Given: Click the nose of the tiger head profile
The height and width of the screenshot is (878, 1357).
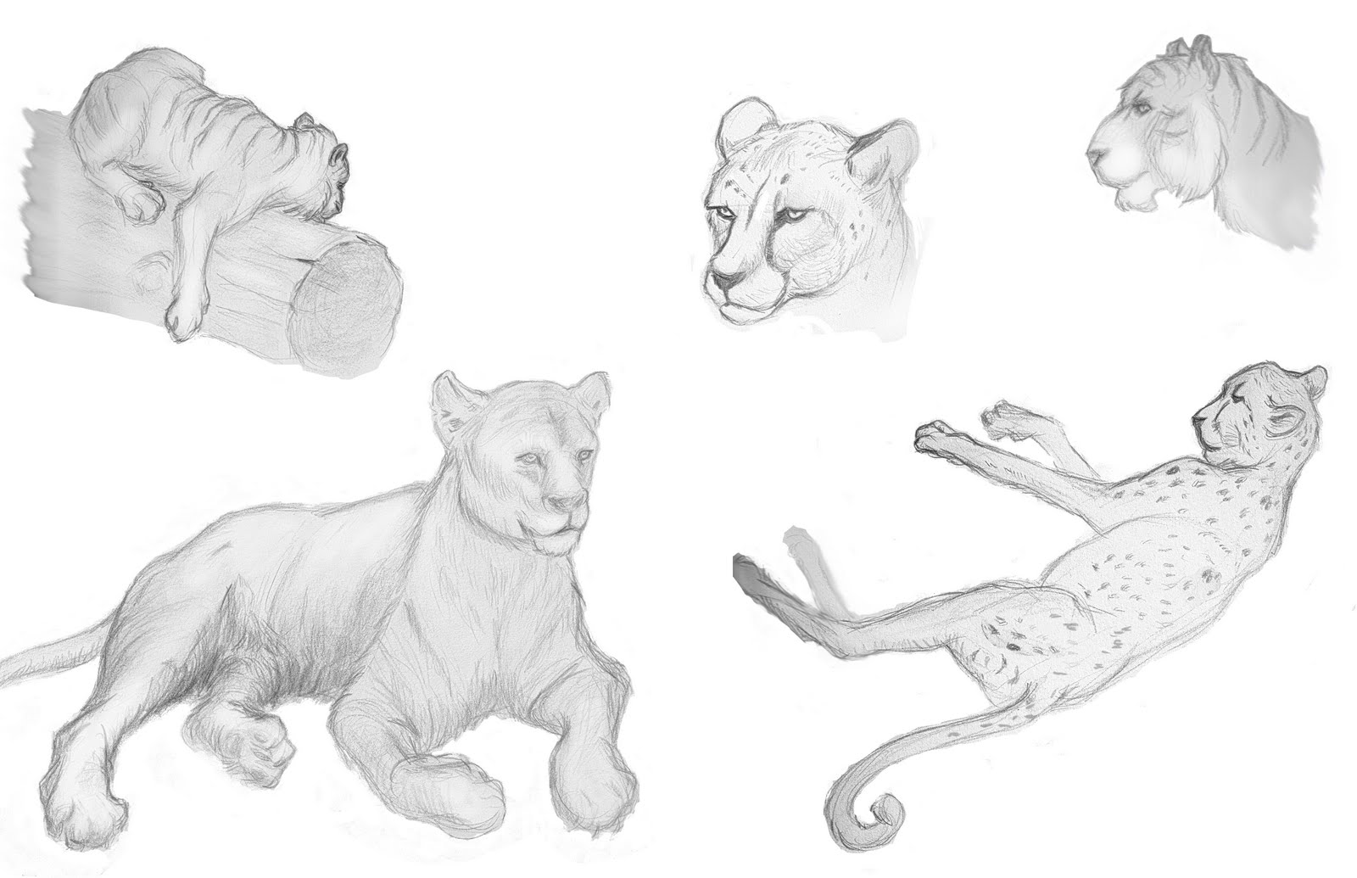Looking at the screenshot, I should [x=1093, y=155].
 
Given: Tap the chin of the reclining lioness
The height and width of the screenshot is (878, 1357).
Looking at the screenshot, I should [x=556, y=543].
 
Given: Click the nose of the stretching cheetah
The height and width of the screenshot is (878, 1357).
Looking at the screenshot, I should [x=1198, y=419].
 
